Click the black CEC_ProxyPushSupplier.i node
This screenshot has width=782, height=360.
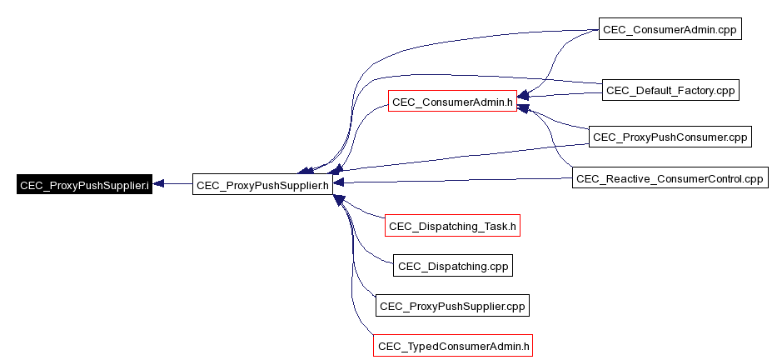click(84, 184)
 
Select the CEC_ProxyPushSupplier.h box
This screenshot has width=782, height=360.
click(262, 184)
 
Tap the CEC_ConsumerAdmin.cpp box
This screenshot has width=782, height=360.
click(670, 30)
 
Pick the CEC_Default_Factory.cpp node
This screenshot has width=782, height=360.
click(670, 90)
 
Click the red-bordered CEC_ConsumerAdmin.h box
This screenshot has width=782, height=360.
click(452, 102)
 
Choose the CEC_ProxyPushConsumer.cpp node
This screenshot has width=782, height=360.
click(670, 137)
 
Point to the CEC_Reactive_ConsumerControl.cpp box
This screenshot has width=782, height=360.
click(670, 178)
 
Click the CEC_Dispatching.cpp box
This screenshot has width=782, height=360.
click(453, 266)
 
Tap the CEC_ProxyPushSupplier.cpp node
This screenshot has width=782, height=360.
click(452, 306)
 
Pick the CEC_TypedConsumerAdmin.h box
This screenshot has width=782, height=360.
click(454, 346)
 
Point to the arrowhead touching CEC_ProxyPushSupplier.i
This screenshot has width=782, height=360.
click(159, 184)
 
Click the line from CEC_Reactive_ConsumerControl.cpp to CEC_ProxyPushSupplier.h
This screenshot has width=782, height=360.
click(458, 181)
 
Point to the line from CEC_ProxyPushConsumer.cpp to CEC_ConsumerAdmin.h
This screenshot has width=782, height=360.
click(558, 120)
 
